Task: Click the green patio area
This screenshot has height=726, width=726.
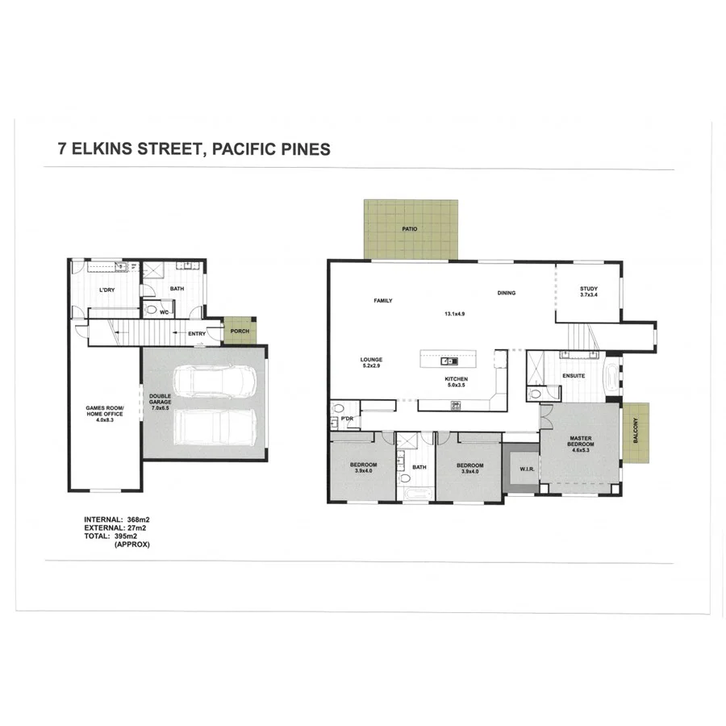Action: point(411,230)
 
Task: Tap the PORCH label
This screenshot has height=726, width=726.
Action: point(240,332)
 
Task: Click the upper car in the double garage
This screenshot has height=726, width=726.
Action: point(214,380)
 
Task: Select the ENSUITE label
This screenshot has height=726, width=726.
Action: point(574,376)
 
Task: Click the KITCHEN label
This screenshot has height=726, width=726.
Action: point(456,379)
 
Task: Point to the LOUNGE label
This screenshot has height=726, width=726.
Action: point(371,360)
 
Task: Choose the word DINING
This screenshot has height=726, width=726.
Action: point(506,293)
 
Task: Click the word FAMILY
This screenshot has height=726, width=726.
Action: point(382,301)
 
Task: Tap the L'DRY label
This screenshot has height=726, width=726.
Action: point(106,290)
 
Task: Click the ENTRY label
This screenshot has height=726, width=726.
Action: point(196,334)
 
